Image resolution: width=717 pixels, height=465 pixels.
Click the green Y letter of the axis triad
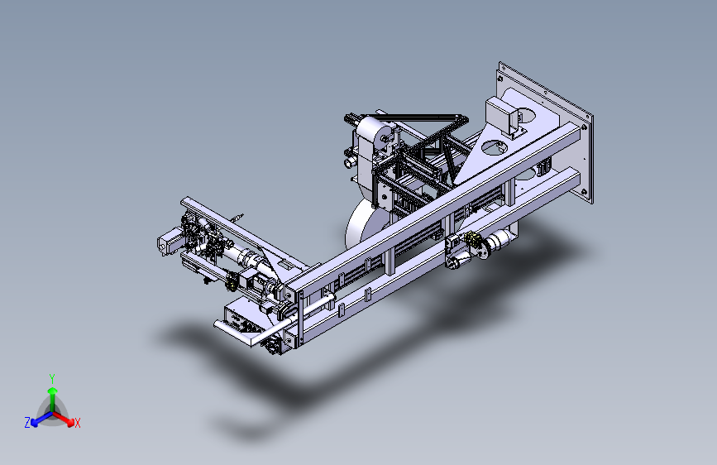pos(52,378)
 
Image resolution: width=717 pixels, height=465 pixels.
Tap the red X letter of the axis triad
pos(77,423)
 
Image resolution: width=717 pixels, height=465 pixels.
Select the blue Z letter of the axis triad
pos(27,423)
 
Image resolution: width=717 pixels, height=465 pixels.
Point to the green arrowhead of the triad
pos(53,391)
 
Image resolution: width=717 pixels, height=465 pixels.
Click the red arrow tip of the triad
pos(70,423)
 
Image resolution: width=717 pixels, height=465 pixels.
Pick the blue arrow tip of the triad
pos(35,423)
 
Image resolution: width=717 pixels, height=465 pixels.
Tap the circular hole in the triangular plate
pos(494,147)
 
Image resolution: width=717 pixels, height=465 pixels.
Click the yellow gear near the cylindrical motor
pos(472,238)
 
